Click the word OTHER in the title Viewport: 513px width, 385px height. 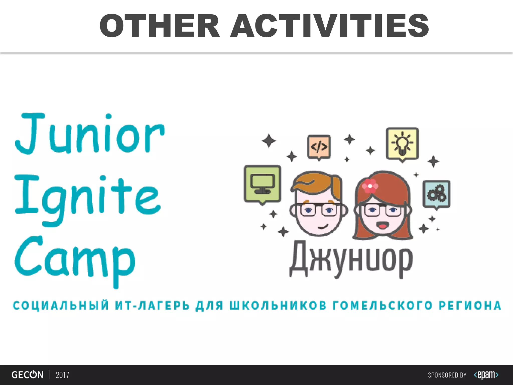pyautogui.click(x=160, y=26)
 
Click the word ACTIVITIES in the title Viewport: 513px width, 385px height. pyautogui.click(x=330, y=26)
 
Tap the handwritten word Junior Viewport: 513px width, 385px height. pyautogui.click(x=90, y=134)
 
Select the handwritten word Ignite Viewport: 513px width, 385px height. pyautogui.click(x=87, y=198)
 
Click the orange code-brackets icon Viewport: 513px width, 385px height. pyautogui.click(x=319, y=147)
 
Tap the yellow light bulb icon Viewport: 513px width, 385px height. pyautogui.click(x=402, y=144)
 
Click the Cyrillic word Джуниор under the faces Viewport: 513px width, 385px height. pyautogui.click(x=351, y=259)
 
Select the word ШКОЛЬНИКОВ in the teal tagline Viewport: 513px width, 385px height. pyautogui.click(x=278, y=306)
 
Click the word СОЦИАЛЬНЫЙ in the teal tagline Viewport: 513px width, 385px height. pyautogui.click(x=61, y=306)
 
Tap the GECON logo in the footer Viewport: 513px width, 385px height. pyautogui.click(x=27, y=375)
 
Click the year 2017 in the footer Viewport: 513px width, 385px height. pyautogui.click(x=62, y=375)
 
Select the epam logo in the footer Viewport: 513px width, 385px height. pyautogui.click(x=486, y=375)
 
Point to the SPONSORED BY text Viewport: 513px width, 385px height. pyautogui.click(x=447, y=375)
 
